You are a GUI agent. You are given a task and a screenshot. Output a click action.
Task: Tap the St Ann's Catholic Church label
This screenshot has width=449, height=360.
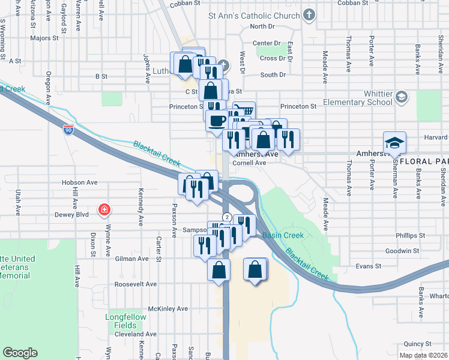(253, 15)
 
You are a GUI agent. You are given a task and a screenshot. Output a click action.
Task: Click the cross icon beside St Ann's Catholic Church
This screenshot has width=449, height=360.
(309, 15)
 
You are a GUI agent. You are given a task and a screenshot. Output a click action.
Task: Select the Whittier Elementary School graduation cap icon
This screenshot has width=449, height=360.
(401, 97)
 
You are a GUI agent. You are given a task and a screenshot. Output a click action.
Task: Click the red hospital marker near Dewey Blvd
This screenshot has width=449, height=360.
(104, 209)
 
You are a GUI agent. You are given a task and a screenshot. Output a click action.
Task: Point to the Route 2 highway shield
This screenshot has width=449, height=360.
(226, 217)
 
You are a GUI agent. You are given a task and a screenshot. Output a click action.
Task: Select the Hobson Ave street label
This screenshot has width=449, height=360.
(79, 182)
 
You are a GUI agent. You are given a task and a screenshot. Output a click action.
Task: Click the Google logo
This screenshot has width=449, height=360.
(20, 353)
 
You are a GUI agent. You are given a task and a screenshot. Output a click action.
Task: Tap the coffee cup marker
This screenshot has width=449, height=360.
(217, 119)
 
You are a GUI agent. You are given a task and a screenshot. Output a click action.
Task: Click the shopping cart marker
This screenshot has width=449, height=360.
(244, 112)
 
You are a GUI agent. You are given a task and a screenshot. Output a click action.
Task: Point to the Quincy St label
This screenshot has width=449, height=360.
(418, 344)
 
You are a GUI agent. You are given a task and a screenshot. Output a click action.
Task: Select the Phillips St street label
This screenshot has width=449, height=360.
(410, 236)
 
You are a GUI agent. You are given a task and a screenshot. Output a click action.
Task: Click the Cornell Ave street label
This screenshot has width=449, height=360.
(249, 163)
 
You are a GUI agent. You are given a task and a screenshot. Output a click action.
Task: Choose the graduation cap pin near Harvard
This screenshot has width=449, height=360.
(396, 142)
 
